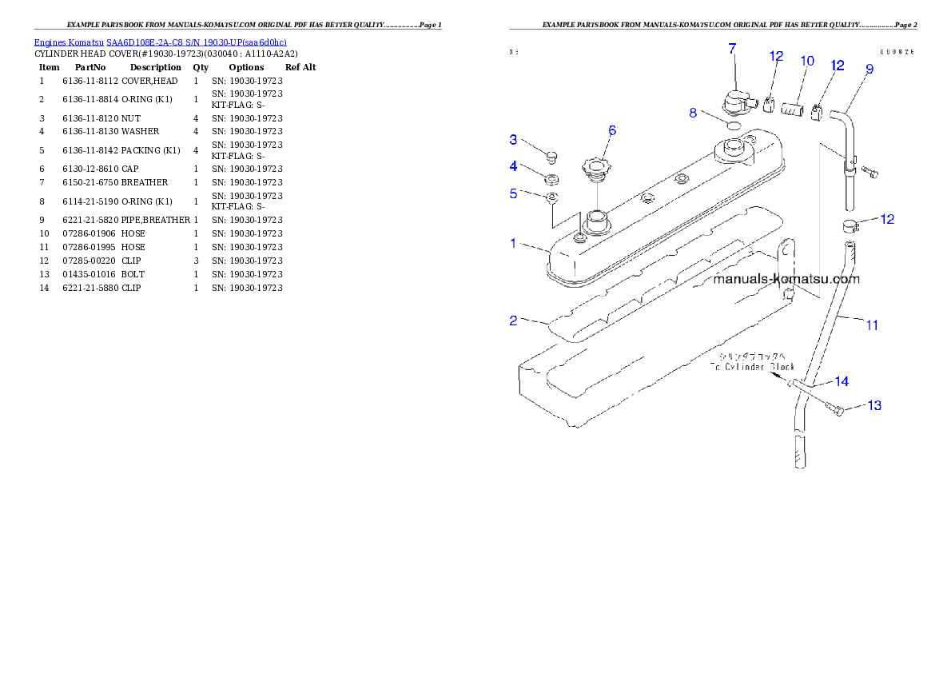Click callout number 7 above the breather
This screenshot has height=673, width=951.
(x=731, y=49)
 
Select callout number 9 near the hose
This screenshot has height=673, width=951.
(x=869, y=69)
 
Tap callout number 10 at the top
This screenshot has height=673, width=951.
(x=807, y=61)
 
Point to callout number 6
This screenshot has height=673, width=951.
(x=612, y=130)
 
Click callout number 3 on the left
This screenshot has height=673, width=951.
(x=514, y=140)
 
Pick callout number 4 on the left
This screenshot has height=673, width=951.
(x=514, y=166)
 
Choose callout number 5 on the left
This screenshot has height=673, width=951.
(x=514, y=193)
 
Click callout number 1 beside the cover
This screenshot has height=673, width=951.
(x=514, y=243)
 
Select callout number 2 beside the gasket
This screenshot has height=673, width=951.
(x=514, y=321)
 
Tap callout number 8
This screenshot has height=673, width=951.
(x=694, y=113)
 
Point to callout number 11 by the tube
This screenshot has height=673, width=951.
(x=872, y=325)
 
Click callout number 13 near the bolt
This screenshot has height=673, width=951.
(x=874, y=406)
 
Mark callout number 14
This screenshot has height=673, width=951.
(x=842, y=380)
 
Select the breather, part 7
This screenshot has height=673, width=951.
(x=734, y=102)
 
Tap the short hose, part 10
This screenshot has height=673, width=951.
(x=791, y=107)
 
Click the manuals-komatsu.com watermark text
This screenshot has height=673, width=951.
(x=786, y=279)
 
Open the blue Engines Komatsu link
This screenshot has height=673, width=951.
(x=160, y=42)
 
